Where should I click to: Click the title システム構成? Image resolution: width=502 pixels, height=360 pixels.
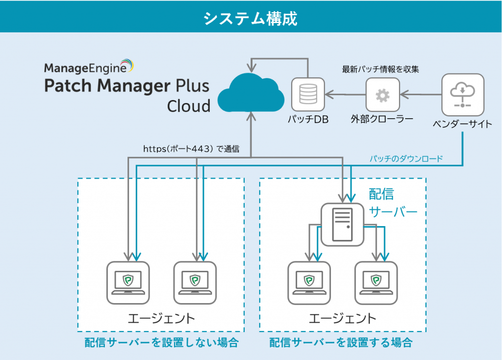(251, 18)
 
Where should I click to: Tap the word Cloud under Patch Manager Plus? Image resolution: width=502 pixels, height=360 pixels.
(188, 106)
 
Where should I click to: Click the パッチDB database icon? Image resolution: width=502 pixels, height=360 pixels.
(308, 93)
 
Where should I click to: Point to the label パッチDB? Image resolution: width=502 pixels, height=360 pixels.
(308, 119)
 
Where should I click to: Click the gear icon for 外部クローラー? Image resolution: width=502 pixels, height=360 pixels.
(382, 94)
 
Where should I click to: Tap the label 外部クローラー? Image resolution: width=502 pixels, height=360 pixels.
(382, 119)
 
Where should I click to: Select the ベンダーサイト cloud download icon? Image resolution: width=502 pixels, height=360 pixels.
(463, 93)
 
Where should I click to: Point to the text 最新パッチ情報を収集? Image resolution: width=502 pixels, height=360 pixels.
(380, 69)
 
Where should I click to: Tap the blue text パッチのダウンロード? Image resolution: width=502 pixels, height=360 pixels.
(406, 158)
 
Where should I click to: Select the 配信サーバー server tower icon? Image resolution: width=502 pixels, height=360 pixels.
(342, 225)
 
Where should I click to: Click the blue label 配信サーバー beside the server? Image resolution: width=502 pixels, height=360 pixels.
(392, 203)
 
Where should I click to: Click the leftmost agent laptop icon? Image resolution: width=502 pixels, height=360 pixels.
(128, 283)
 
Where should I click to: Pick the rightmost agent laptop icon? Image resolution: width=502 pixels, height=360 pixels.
(376, 283)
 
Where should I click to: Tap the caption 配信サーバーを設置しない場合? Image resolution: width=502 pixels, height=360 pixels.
(161, 342)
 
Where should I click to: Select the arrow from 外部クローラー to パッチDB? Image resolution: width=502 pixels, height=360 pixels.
(347, 93)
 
